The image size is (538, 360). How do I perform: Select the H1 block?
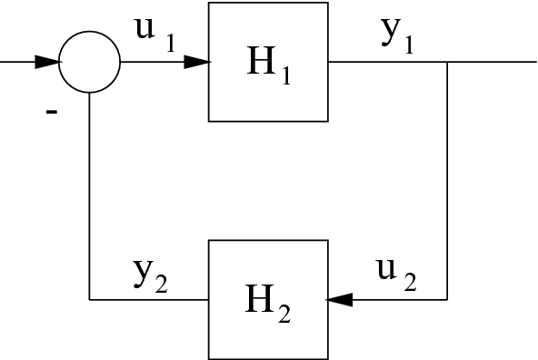click(268, 62)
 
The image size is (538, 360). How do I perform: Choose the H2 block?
click(268, 298)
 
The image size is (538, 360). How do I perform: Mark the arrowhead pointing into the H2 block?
click(339, 299)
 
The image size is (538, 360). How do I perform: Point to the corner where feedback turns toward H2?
click(447, 299)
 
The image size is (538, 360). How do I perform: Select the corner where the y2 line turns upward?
click(89, 299)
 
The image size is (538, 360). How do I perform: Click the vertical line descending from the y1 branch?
click(447, 182)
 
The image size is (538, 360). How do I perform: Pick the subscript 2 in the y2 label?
click(161, 284)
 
